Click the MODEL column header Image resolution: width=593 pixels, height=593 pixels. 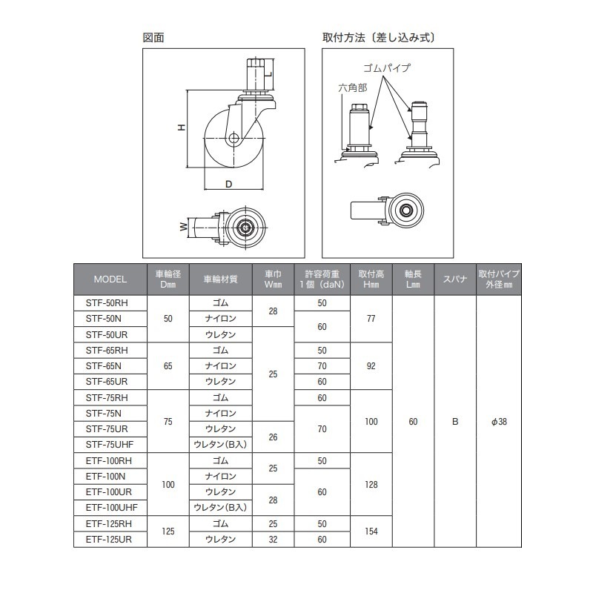pos(110,279)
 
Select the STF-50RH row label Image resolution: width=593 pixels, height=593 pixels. pos(107,303)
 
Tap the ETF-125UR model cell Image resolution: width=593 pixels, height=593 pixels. pos(108,539)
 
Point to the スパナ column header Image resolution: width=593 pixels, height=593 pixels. pos(455,279)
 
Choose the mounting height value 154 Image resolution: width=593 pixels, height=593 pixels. pos(371,531)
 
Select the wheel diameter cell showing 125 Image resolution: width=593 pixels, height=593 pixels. pos(168,531)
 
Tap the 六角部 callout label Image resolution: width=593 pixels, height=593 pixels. pos(352,87)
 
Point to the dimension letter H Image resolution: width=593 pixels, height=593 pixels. pos(180,128)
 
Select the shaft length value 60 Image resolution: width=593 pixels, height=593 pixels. pos(414,422)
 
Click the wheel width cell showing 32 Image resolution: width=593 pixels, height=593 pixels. pos(273,539)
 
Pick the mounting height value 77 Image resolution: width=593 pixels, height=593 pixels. pos(371,319)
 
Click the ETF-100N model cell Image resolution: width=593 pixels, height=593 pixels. pos(108,476)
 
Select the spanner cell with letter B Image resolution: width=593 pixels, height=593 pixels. pos(455,422)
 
